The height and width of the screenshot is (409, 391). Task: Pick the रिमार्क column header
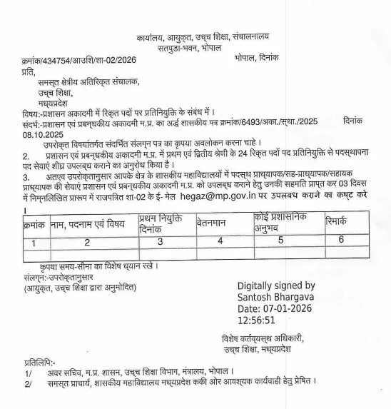(x=339, y=221)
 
